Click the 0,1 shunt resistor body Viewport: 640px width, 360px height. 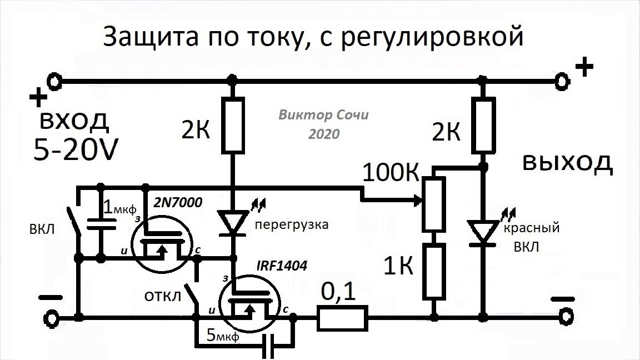[x=343, y=318]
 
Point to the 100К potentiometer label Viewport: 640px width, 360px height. [x=390, y=174]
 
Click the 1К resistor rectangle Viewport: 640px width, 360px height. [x=433, y=272]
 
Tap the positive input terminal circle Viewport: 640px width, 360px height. [x=54, y=82]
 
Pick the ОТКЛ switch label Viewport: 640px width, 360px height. [x=163, y=296]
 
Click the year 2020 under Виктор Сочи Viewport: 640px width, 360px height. [x=324, y=134]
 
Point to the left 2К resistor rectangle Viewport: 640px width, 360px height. [x=233, y=126]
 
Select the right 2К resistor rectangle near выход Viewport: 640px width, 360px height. [x=482, y=126]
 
